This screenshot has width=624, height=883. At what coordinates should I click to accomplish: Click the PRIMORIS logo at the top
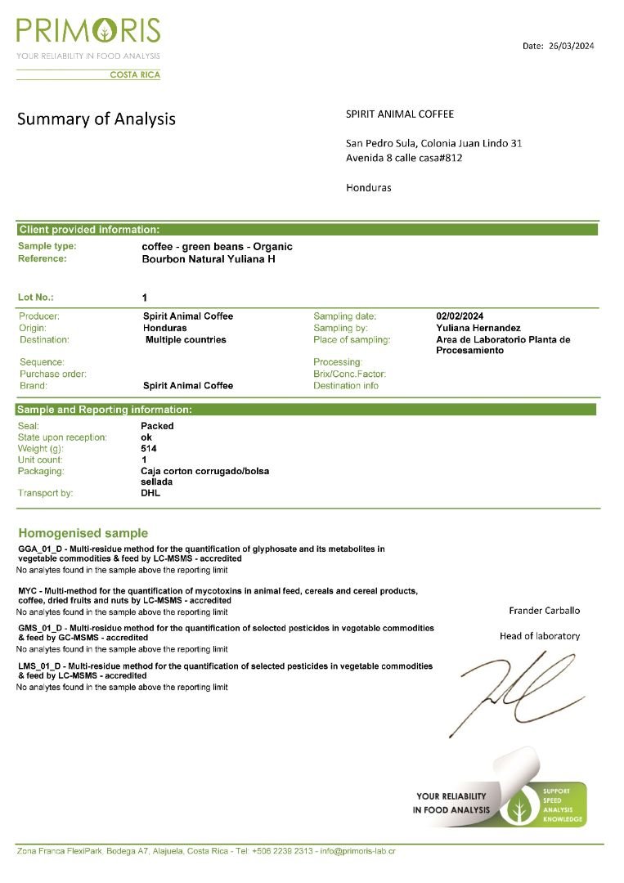[x=88, y=33]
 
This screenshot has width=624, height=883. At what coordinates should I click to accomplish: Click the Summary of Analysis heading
[x=97, y=119]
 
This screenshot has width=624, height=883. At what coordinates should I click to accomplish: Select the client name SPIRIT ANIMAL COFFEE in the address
[x=400, y=114]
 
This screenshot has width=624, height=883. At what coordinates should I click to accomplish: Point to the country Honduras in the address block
[x=368, y=187]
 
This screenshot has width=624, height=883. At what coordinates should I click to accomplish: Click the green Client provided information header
[x=89, y=230]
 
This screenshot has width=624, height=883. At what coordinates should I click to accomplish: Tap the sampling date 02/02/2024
[x=460, y=316]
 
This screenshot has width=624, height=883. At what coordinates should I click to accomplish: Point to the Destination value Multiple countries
[x=186, y=339]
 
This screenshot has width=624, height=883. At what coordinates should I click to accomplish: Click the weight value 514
[x=148, y=448]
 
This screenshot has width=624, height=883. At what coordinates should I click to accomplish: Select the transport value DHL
[x=150, y=493]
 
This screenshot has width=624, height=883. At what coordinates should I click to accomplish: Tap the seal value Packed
[x=157, y=426]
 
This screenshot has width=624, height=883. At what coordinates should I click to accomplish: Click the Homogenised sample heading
[x=83, y=533]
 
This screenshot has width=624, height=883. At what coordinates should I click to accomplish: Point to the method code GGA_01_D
[x=40, y=549]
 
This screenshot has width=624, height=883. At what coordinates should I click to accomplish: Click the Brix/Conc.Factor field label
[x=349, y=374]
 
